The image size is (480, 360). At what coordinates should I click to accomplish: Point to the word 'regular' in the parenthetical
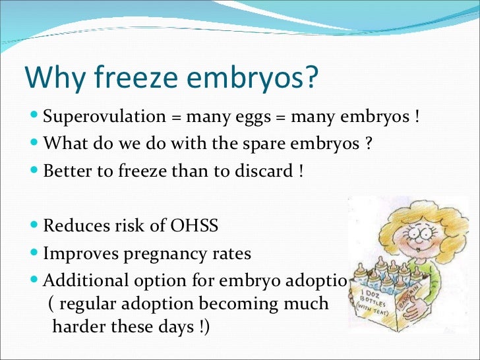pos(90,304)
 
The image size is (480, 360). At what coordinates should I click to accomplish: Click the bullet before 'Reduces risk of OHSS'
pos(34,226)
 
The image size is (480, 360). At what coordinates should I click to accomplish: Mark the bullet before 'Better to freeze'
pos(34,171)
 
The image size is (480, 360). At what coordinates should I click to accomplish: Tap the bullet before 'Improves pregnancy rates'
pos(34,253)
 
